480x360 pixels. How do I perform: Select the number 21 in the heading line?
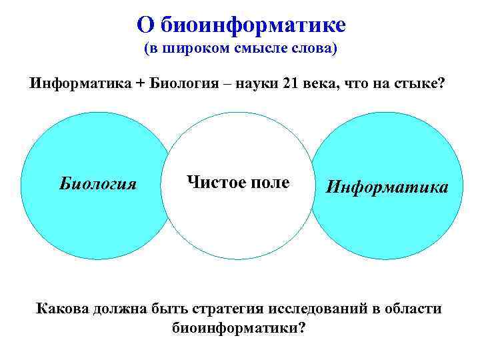pyautogui.click(x=292, y=85)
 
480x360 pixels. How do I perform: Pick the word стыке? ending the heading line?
pyautogui.click(x=417, y=85)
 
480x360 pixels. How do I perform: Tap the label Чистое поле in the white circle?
pyautogui.click(x=239, y=181)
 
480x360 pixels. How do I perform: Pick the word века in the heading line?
pyautogui.click(x=325, y=85)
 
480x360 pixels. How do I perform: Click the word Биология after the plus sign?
pyautogui.click(x=183, y=85)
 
